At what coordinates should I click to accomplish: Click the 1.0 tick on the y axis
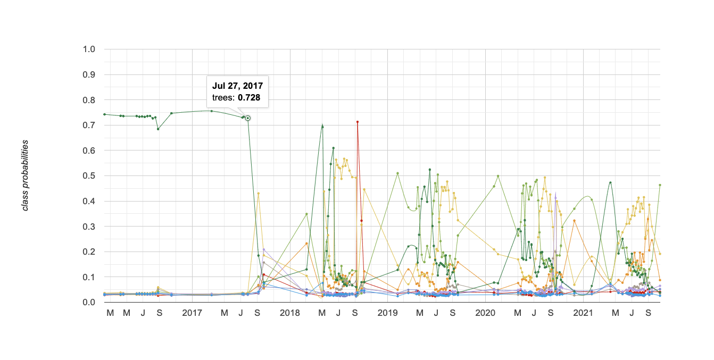[89, 49]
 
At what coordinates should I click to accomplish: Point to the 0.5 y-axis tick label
[89, 176]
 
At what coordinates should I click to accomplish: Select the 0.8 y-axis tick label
[89, 100]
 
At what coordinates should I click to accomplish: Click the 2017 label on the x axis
[192, 313]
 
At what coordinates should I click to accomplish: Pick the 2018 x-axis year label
[289, 313]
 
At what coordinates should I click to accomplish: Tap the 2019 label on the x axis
[387, 313]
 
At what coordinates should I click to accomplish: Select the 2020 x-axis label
[485, 313]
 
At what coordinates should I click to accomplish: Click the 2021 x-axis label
[583, 313]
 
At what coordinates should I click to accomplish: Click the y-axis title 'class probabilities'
[26, 175]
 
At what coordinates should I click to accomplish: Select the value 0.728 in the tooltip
[249, 98]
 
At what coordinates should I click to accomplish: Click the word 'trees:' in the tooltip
[223, 98]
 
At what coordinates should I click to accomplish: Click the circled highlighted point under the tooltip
[247, 118]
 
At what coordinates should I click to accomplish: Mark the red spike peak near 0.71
[358, 122]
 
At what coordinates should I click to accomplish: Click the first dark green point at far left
[104, 114]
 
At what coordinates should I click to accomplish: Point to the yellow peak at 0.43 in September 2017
[258, 194]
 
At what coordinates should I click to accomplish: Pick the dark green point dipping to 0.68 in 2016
[158, 129]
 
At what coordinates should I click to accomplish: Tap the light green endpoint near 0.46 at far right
[660, 185]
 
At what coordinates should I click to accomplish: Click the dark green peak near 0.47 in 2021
[610, 182]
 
